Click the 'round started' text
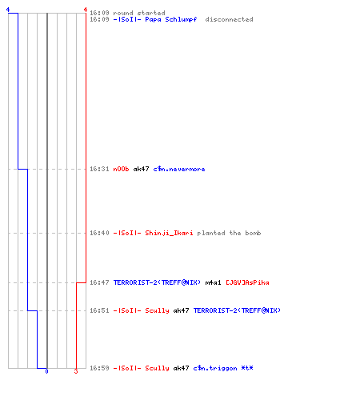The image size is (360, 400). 139,13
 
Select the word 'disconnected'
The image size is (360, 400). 229,19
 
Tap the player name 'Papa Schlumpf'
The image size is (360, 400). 171,19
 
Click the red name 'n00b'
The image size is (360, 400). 121,169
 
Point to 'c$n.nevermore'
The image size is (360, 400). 179,169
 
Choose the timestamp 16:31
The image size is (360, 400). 99,169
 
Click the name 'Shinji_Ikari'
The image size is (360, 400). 169,233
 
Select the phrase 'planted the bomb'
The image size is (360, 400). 229,233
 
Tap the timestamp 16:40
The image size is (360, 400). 99,233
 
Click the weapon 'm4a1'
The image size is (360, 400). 213,282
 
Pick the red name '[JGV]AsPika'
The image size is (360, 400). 247,282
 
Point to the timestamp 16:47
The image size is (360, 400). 99,282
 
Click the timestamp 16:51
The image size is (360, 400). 99,310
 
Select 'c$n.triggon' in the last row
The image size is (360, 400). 215,368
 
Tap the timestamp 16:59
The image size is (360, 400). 99,368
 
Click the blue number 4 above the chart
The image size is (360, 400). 8,10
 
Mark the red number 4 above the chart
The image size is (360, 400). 86,10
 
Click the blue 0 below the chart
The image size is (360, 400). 46,371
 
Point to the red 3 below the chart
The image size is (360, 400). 76,371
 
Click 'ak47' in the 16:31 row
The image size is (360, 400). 141,169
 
